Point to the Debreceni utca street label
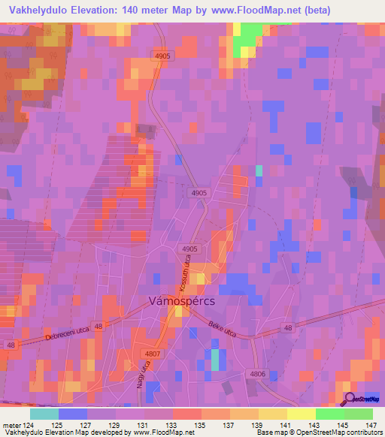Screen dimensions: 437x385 coord(65,331)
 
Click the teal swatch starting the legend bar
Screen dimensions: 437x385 coord(44,414)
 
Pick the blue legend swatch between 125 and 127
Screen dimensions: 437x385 coord(73,414)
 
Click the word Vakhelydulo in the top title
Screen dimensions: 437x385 coord(35,10)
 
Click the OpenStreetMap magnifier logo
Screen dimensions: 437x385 coord(350,398)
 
